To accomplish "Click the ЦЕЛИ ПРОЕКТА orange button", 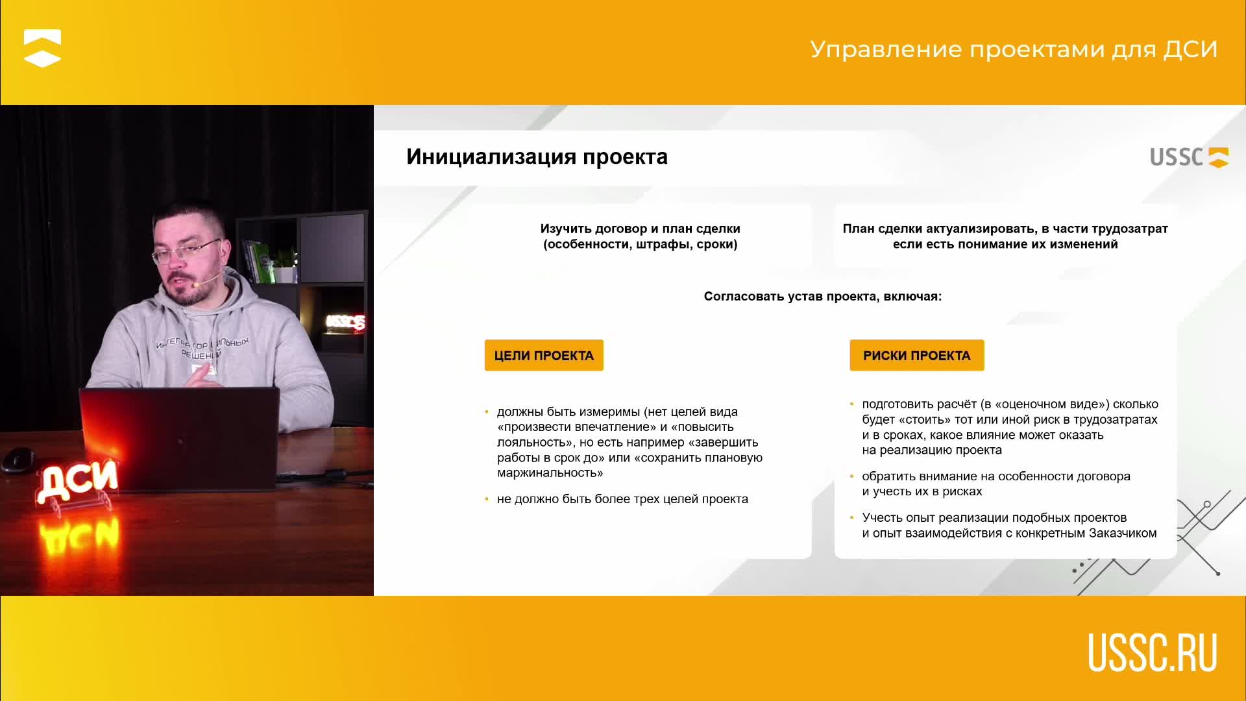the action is (544, 355).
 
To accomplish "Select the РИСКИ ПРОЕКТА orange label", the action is (916, 355).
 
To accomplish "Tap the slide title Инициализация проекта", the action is (537, 157).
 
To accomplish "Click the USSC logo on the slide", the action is (1189, 157).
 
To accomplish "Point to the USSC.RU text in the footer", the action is (1153, 652).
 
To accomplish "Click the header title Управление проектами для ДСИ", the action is (1014, 50).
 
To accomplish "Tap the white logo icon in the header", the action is (42, 48).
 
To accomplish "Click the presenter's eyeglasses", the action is (186, 251).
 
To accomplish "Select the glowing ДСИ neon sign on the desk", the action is (77, 480).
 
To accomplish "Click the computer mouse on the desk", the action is (19, 459).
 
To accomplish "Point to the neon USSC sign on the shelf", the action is (345, 322).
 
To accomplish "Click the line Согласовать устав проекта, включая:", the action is (822, 297).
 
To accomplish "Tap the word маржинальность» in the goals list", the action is (550, 473).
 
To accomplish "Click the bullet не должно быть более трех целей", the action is (622, 499).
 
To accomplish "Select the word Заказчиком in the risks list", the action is (1123, 534).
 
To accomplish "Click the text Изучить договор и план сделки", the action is (640, 228).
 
